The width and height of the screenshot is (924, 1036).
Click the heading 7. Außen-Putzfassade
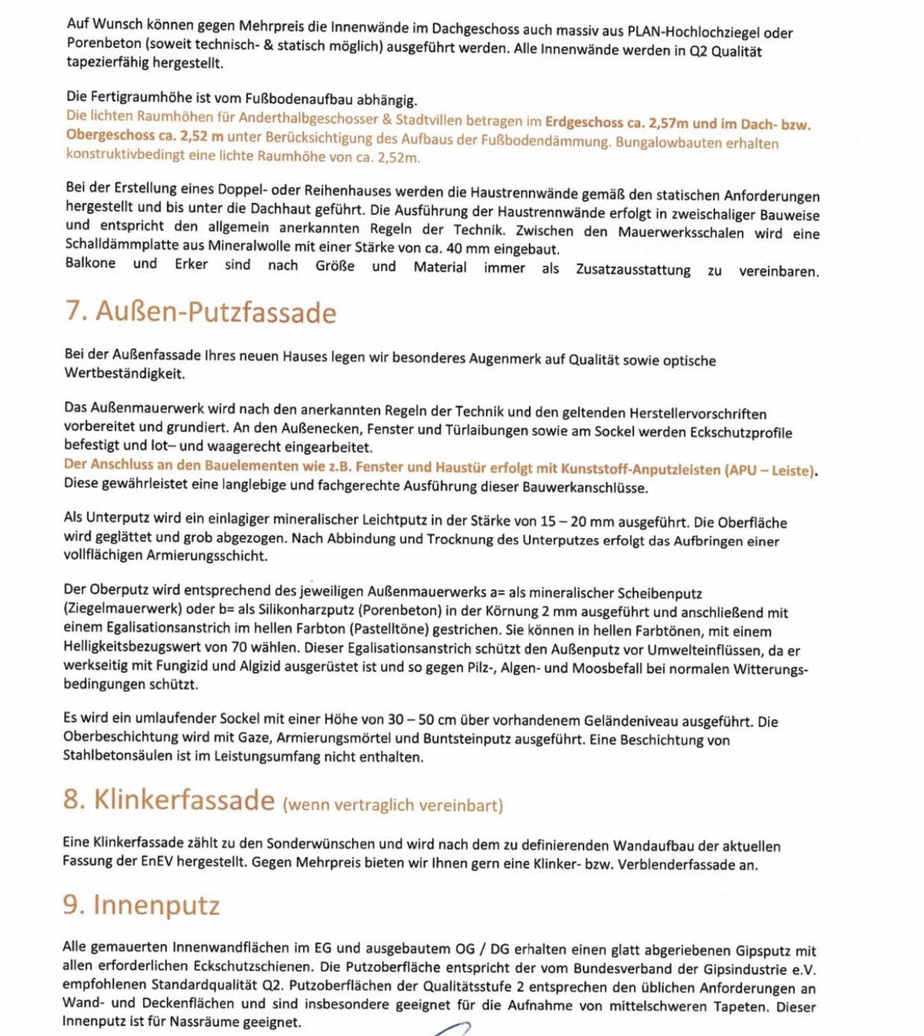(201, 312)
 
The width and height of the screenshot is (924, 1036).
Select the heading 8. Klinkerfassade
(169, 800)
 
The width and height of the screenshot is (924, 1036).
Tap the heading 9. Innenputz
(141, 905)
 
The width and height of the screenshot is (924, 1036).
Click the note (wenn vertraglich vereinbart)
(393, 805)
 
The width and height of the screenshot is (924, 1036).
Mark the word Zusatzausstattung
(633, 269)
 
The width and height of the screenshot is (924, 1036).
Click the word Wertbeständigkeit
(124, 373)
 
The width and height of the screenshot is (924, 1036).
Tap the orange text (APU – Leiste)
(770, 470)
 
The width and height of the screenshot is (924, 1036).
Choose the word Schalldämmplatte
(121, 245)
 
